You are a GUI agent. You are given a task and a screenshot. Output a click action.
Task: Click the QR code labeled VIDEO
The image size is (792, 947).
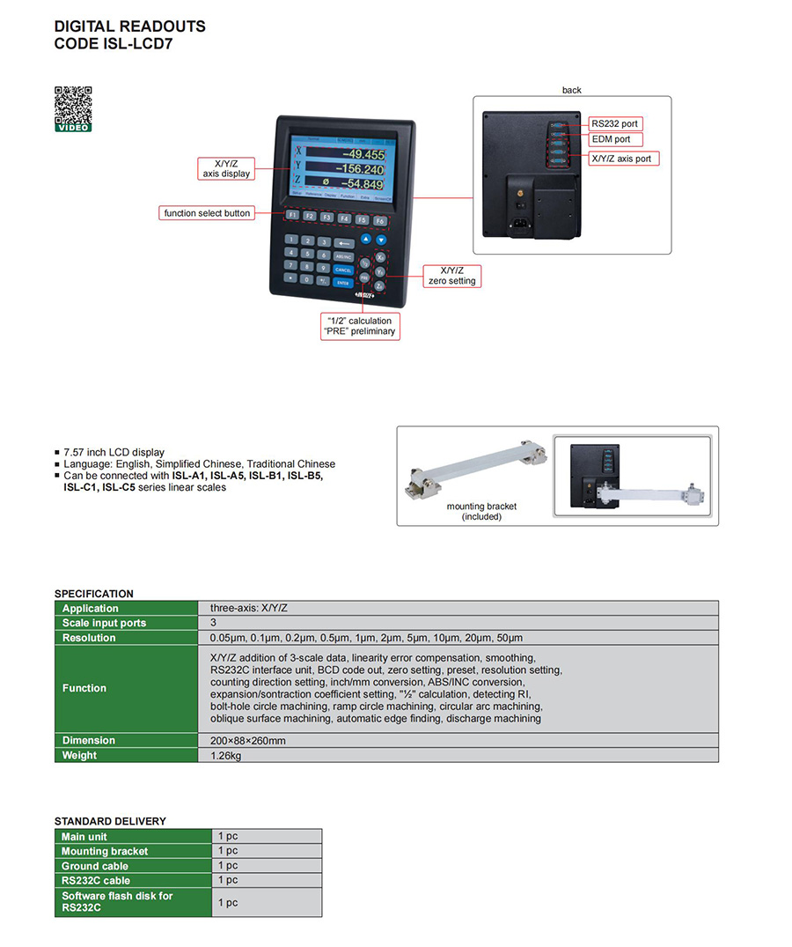(74, 108)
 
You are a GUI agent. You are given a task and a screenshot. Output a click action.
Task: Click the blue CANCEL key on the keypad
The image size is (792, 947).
(343, 270)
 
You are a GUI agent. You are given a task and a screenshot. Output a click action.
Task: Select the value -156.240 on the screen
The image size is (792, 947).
(352, 168)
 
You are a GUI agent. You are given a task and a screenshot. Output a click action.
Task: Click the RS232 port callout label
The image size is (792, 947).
(614, 124)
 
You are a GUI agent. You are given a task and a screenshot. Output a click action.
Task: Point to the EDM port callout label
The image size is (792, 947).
(611, 139)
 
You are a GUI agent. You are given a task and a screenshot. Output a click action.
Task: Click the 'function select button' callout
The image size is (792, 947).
(207, 213)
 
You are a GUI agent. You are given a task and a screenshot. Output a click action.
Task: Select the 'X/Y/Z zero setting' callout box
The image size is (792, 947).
(451, 276)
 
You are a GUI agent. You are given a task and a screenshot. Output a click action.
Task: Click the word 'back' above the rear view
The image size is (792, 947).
(572, 90)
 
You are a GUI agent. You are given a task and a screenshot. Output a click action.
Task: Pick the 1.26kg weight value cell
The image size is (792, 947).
(225, 755)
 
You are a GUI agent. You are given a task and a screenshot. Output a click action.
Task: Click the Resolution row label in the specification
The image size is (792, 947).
(89, 638)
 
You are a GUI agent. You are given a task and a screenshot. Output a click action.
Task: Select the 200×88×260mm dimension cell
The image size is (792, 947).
(247, 741)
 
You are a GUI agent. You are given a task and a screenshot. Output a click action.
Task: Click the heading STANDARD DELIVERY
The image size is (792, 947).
(110, 821)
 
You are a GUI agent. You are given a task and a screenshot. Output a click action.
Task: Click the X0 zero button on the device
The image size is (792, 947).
(379, 258)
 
